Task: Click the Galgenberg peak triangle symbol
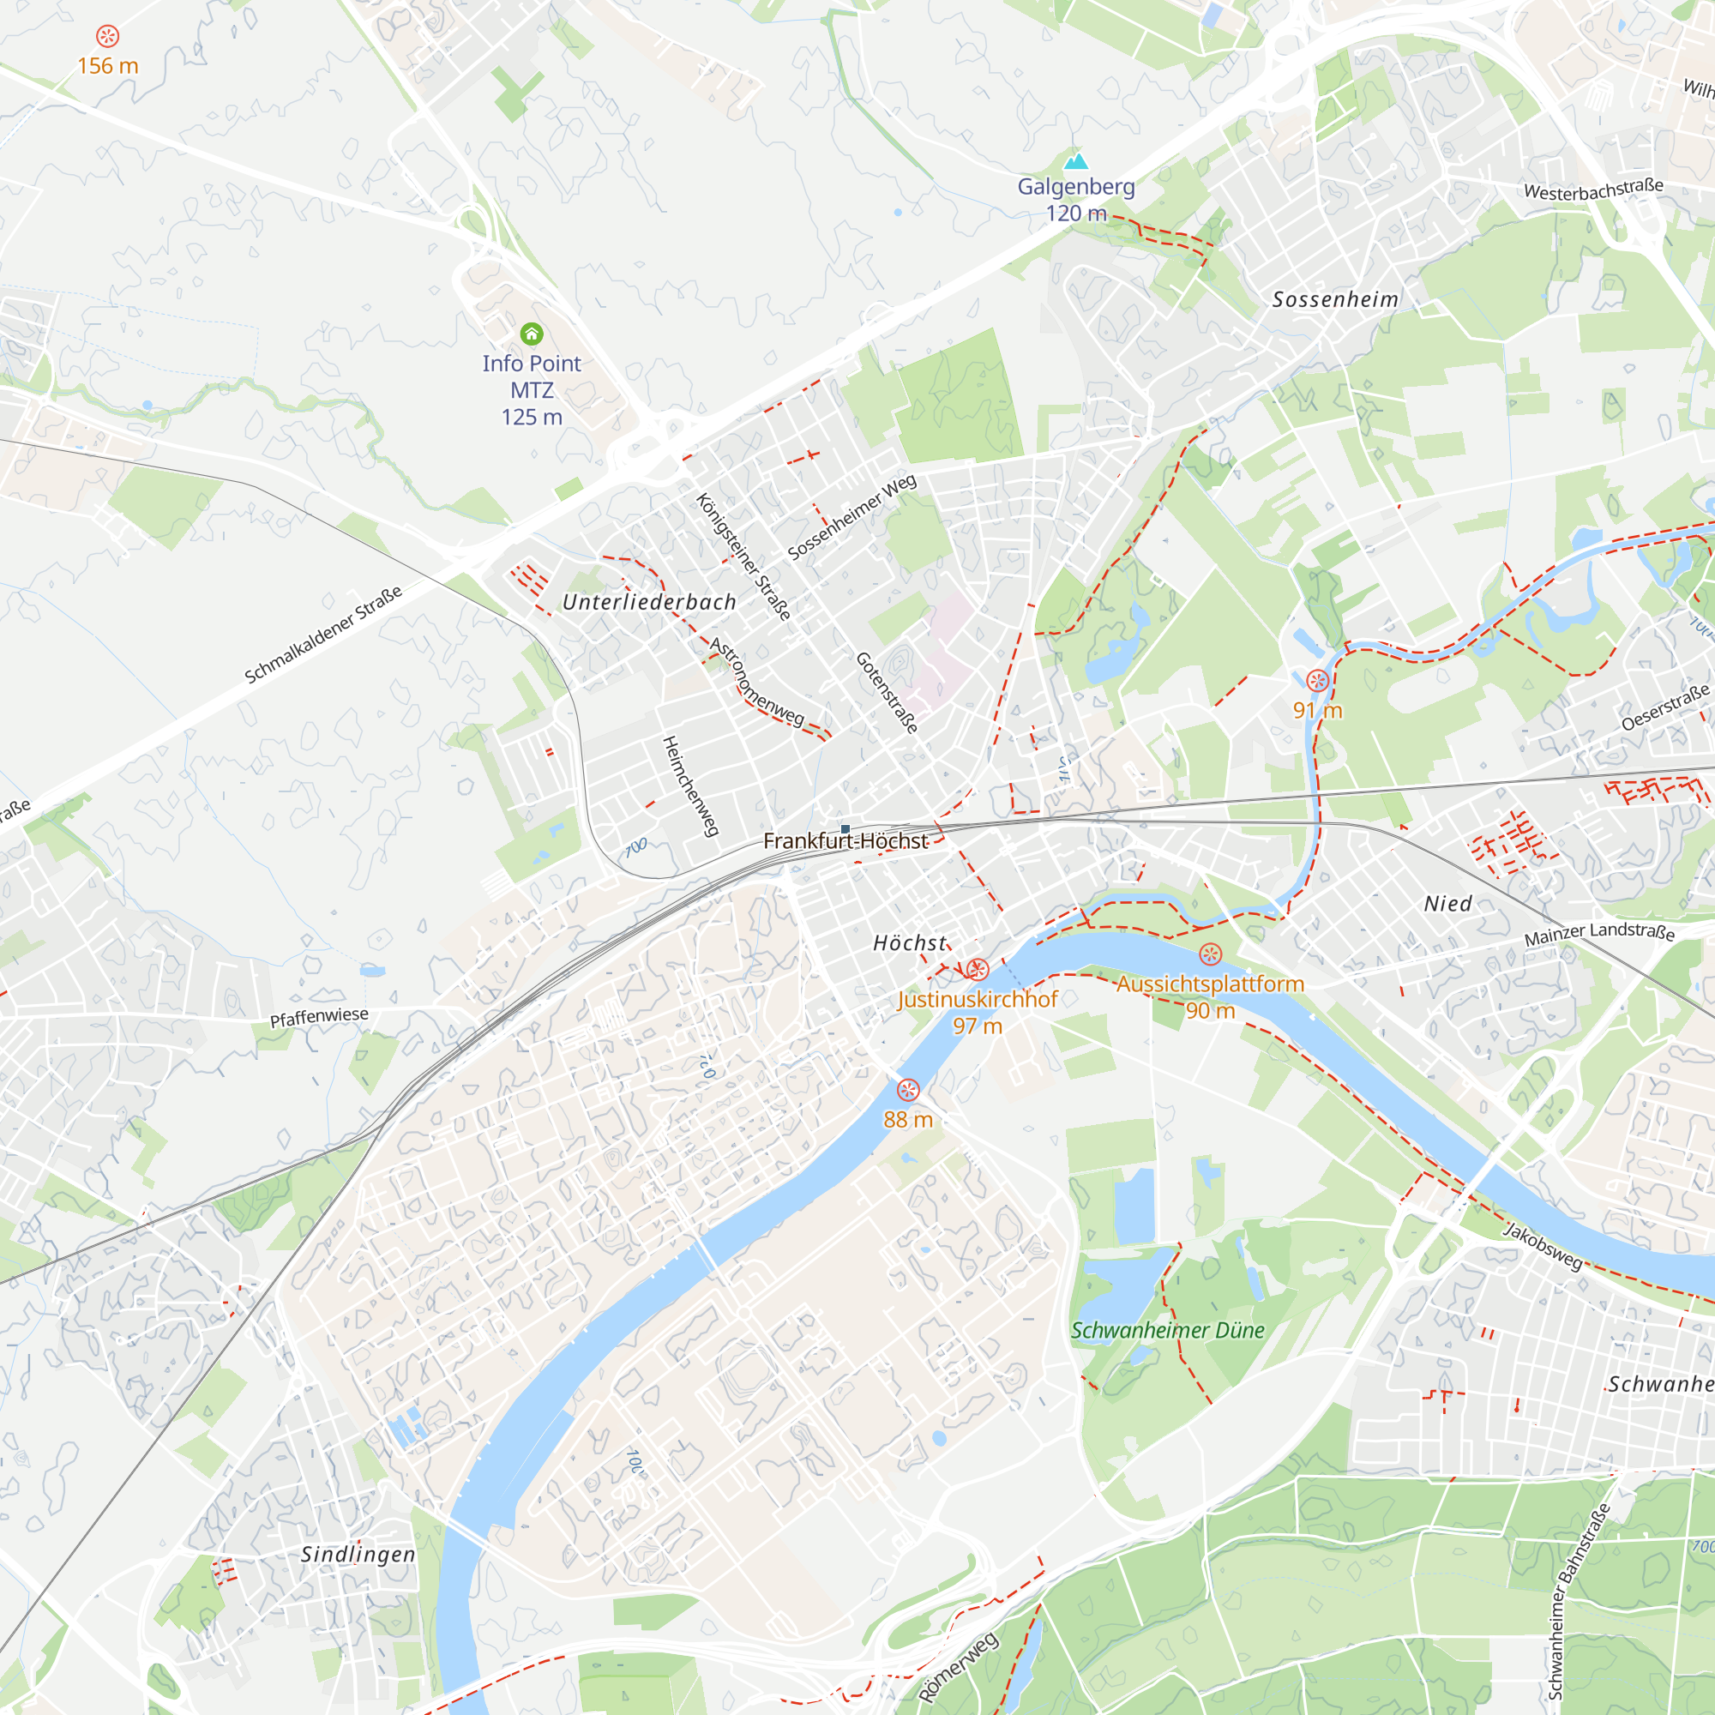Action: click(x=1076, y=160)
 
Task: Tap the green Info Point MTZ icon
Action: click(x=532, y=334)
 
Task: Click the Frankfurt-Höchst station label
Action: click(x=845, y=840)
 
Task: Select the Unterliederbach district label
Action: click(x=649, y=602)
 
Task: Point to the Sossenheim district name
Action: click(x=1335, y=299)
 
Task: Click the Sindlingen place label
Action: click(x=358, y=1555)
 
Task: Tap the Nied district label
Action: click(x=1447, y=904)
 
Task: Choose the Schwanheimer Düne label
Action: click(x=1167, y=1330)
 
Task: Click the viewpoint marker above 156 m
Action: click(x=107, y=36)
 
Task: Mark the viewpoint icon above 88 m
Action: click(x=907, y=1090)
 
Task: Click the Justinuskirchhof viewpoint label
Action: click(x=978, y=1000)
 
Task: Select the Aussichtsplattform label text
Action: click(x=1210, y=984)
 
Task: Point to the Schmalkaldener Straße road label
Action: click(x=323, y=634)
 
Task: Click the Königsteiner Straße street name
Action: click(x=743, y=557)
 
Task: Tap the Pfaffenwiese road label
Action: click(x=319, y=1017)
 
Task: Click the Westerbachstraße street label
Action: click(x=1593, y=189)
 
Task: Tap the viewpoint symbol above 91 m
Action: click(x=1317, y=681)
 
